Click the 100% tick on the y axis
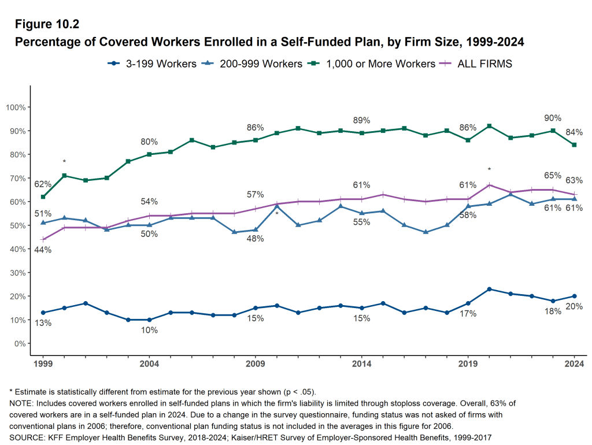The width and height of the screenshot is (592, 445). [15, 107]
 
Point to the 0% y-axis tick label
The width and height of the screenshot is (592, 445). [18, 343]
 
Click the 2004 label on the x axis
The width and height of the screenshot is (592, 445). [149, 364]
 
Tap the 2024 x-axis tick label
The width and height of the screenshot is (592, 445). [574, 364]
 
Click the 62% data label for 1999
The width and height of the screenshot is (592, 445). [43, 184]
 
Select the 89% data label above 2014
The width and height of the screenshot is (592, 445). [361, 120]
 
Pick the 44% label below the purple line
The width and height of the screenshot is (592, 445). [43, 250]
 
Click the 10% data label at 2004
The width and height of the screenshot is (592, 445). [149, 330]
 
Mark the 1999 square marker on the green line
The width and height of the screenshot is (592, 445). [43, 197]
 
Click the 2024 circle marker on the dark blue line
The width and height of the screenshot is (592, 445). [574, 296]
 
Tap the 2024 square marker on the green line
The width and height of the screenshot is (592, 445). [574, 145]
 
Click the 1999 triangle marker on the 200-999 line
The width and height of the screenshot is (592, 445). [43, 222]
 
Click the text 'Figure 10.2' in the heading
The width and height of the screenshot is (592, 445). [47, 24]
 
